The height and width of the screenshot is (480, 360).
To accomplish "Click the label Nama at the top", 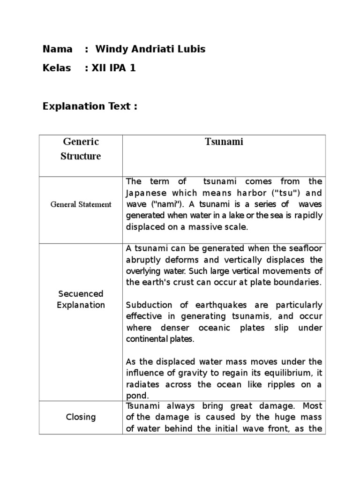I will [x=57, y=49].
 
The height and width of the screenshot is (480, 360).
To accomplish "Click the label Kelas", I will [x=57, y=68].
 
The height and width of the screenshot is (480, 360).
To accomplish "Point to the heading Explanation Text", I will [x=90, y=106].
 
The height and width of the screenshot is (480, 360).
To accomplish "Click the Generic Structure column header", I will [x=81, y=149].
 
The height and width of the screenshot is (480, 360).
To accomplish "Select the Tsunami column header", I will [x=224, y=142].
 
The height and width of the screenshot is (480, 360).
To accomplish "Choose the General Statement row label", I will [x=81, y=204].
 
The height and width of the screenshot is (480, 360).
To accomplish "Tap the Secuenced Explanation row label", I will [x=81, y=299].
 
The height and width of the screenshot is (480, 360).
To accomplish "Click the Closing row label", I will [x=81, y=417].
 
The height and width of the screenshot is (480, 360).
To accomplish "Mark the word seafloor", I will [x=303, y=248].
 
